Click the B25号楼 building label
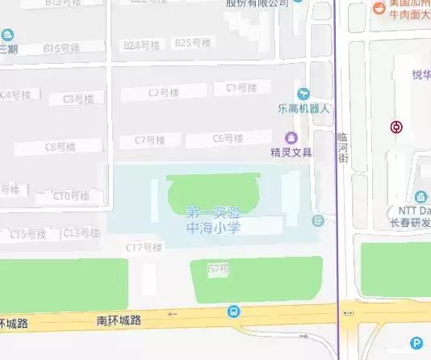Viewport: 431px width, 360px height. [x=193, y=43]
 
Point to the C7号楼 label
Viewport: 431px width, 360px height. [x=149, y=140]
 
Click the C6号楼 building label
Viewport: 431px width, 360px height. [x=228, y=138]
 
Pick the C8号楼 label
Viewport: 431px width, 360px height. [x=61, y=147]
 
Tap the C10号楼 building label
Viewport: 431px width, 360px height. [x=72, y=195]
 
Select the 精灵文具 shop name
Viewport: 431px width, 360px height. [x=291, y=151]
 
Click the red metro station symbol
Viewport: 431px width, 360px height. [x=396, y=128]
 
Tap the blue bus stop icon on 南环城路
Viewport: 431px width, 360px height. [x=233, y=312]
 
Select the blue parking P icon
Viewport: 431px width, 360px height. [x=416, y=342]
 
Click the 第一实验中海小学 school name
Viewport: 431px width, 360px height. [x=214, y=219]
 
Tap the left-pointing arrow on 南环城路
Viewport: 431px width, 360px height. [x=170, y=314]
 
